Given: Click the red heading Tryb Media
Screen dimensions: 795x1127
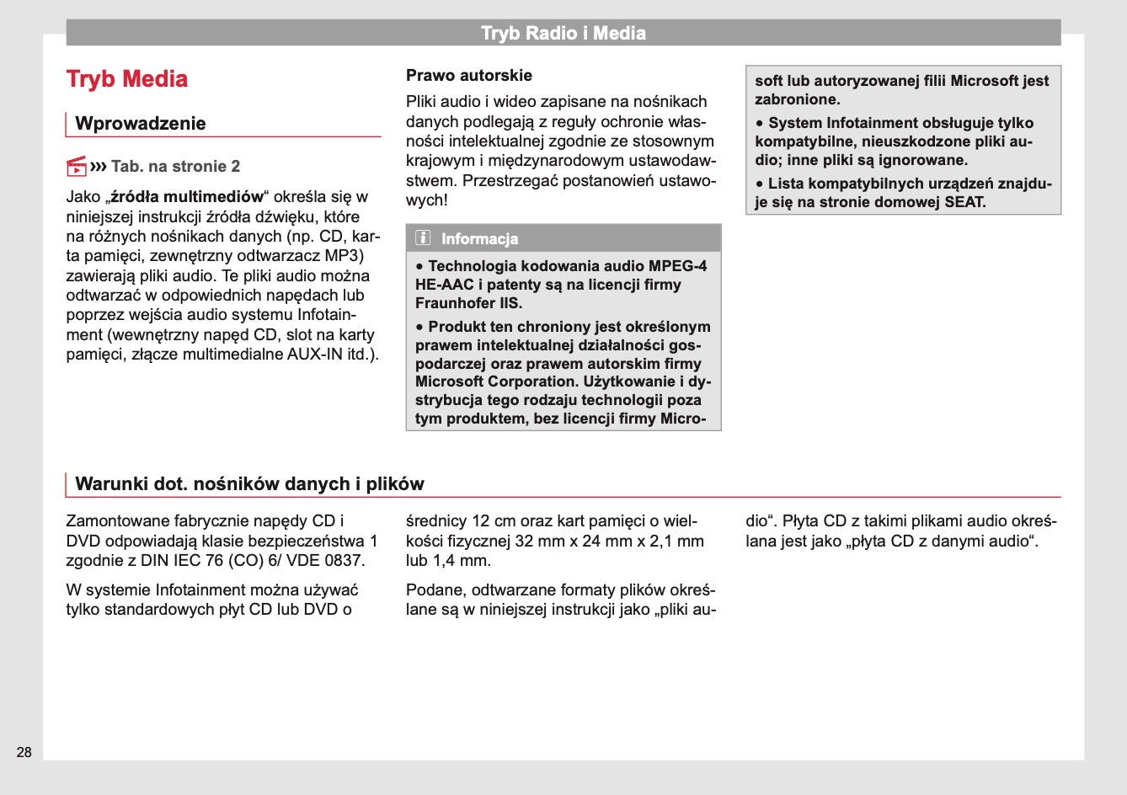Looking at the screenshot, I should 127,79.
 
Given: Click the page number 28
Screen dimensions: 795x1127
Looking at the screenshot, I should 24,752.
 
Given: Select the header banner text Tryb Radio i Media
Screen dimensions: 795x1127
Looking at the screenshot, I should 563,34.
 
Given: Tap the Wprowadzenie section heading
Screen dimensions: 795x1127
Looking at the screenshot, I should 140,124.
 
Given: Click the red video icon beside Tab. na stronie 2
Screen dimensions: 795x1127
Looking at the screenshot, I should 77,166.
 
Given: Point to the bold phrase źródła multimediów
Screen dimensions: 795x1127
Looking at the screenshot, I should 188,197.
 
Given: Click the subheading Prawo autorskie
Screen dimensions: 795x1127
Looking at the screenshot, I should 469,76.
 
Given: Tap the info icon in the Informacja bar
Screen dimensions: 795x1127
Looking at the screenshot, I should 423,238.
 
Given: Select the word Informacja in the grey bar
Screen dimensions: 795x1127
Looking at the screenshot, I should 479,239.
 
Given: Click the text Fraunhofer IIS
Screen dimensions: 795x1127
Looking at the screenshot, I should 469,303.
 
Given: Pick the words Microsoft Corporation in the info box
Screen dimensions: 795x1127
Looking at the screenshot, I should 487,381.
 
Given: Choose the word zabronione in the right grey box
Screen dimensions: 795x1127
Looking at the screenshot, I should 797,99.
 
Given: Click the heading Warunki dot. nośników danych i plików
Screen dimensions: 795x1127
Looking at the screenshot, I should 249,484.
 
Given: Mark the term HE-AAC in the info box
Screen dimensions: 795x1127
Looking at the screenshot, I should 445,285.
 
